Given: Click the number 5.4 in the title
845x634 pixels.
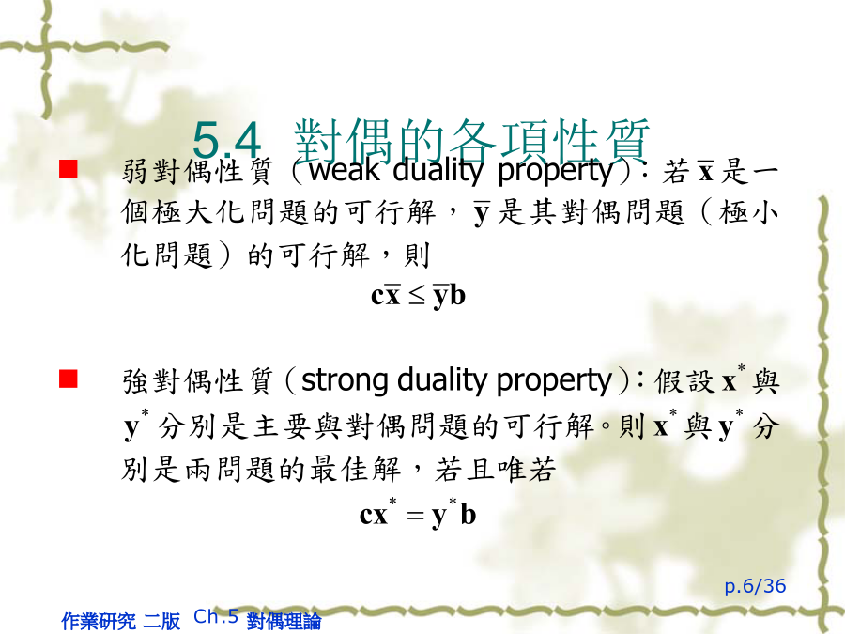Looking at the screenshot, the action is pos(227,141).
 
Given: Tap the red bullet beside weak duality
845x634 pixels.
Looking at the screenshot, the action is pos(69,169).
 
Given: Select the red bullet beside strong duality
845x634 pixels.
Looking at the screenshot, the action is pos(69,379).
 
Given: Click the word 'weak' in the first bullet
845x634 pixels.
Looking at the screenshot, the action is pos(344,170).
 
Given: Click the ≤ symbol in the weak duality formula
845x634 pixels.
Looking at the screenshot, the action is pos(416,296).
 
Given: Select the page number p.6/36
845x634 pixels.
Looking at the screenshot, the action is pos(755,586).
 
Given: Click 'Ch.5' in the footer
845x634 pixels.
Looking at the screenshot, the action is pos(216,616).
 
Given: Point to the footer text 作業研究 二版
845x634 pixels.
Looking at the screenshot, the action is pos(120,621).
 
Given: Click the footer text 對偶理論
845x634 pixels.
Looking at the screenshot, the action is pos(284,622).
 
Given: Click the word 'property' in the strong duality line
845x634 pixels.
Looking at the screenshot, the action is pos(554,381).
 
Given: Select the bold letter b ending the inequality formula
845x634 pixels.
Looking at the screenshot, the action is pos(457,295).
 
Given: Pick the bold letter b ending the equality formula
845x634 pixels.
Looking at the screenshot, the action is pos(468,514).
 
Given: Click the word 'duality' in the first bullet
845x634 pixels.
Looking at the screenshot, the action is pos(437,171).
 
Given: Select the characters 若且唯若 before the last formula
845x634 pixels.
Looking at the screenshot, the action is pos(495,470).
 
